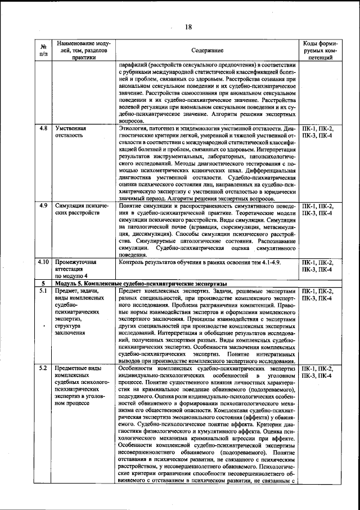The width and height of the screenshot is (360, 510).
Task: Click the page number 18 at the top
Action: coord(188,26)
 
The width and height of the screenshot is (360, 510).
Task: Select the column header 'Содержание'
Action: coord(206,50)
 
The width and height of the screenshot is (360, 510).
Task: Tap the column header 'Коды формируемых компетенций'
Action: coord(319,50)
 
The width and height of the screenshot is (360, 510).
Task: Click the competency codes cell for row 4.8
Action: coord(319,132)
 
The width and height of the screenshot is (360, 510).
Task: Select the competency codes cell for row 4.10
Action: coord(319,266)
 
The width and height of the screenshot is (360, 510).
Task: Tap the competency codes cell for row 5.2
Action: coord(319,372)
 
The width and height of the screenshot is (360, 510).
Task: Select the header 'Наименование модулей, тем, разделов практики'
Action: coord(83,50)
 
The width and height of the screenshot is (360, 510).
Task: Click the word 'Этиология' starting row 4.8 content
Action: coord(133,128)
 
